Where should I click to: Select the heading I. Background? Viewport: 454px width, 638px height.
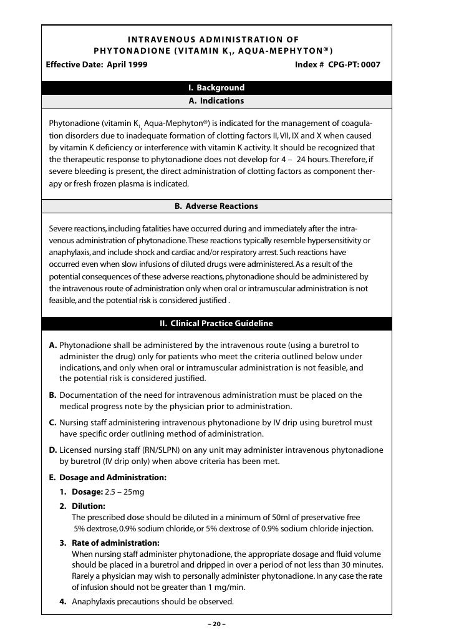pos(216,88)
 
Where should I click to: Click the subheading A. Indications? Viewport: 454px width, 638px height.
pos(216,100)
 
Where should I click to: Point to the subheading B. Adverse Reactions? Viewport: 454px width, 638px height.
pos(216,206)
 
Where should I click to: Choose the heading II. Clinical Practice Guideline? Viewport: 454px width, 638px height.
pos(216,324)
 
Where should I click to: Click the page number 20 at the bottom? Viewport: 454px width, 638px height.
pos(216,625)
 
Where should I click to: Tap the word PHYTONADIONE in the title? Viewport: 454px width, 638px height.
pos(127,51)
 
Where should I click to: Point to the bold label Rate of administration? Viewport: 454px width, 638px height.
pos(115,543)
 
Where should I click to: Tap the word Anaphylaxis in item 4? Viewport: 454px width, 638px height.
pos(95,602)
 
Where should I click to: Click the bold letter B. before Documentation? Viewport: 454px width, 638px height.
pos(53,395)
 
